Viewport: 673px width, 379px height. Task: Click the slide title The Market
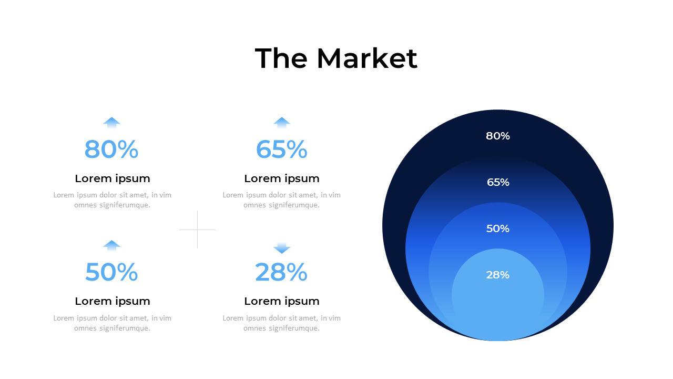pos(336,58)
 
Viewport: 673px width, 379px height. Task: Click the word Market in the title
pos(366,58)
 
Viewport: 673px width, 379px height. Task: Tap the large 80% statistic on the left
pos(111,149)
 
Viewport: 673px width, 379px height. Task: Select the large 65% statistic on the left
pos(281,149)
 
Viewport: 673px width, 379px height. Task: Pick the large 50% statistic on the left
pos(111,272)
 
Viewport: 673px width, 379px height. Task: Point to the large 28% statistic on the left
pos(281,272)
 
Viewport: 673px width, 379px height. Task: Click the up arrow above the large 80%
pos(111,122)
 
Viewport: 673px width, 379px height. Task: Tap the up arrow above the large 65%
pos(282,122)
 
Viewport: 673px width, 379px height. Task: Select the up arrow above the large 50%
pos(111,245)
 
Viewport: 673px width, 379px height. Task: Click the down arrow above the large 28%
pos(282,248)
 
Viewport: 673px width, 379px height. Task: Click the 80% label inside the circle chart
pos(498,136)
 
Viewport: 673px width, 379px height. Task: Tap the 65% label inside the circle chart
pos(498,182)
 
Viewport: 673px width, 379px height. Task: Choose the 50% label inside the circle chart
pos(498,228)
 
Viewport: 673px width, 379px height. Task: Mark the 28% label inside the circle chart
pos(498,275)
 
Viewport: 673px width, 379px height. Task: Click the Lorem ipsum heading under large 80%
pos(113,178)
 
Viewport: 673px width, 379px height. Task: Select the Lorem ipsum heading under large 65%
pos(282,178)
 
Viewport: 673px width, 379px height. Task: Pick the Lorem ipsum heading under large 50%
pos(113,301)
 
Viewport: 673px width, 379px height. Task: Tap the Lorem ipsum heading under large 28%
pos(282,301)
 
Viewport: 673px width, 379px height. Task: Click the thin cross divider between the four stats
pos(197,230)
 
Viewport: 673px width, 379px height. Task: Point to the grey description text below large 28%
pos(282,323)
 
